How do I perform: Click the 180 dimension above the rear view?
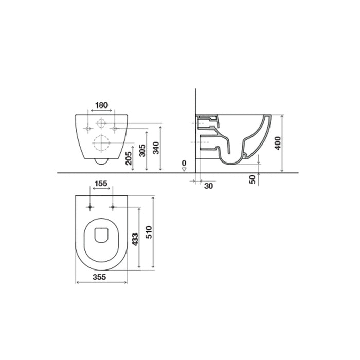(102, 105)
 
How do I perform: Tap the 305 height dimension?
(143, 150)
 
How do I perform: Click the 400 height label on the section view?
(278, 142)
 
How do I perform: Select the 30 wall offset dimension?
(208, 186)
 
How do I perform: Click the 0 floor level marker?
(184, 164)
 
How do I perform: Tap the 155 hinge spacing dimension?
(101, 184)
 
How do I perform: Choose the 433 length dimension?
(136, 238)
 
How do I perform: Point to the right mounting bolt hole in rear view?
(114, 127)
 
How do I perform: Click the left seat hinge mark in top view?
(91, 207)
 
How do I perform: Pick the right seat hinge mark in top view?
(112, 207)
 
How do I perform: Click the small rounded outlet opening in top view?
(101, 235)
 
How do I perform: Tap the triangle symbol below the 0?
(184, 169)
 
